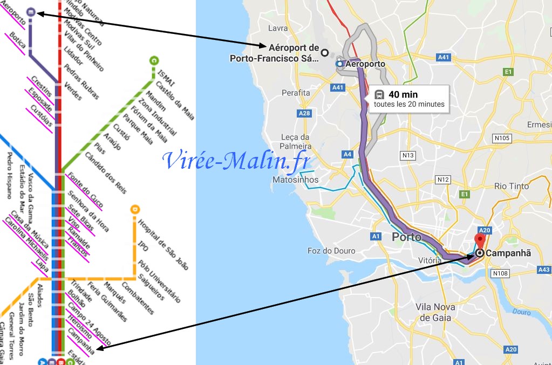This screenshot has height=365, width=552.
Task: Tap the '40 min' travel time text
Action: click(x=403, y=95)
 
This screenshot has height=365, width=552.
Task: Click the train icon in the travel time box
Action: click(x=379, y=95)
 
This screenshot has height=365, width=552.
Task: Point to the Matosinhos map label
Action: click(x=296, y=180)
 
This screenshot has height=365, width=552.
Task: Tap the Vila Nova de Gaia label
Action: click(x=435, y=312)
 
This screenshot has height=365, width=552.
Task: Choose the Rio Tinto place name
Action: click(x=512, y=186)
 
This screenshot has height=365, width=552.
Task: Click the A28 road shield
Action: click(x=304, y=113)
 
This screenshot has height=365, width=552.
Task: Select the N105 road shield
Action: click(x=502, y=138)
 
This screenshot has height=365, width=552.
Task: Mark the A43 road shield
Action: click(x=544, y=270)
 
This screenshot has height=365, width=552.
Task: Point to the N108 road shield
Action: click(x=501, y=274)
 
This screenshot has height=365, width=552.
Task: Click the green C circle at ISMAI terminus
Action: click(x=154, y=60)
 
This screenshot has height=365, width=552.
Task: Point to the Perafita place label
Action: click(x=296, y=93)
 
